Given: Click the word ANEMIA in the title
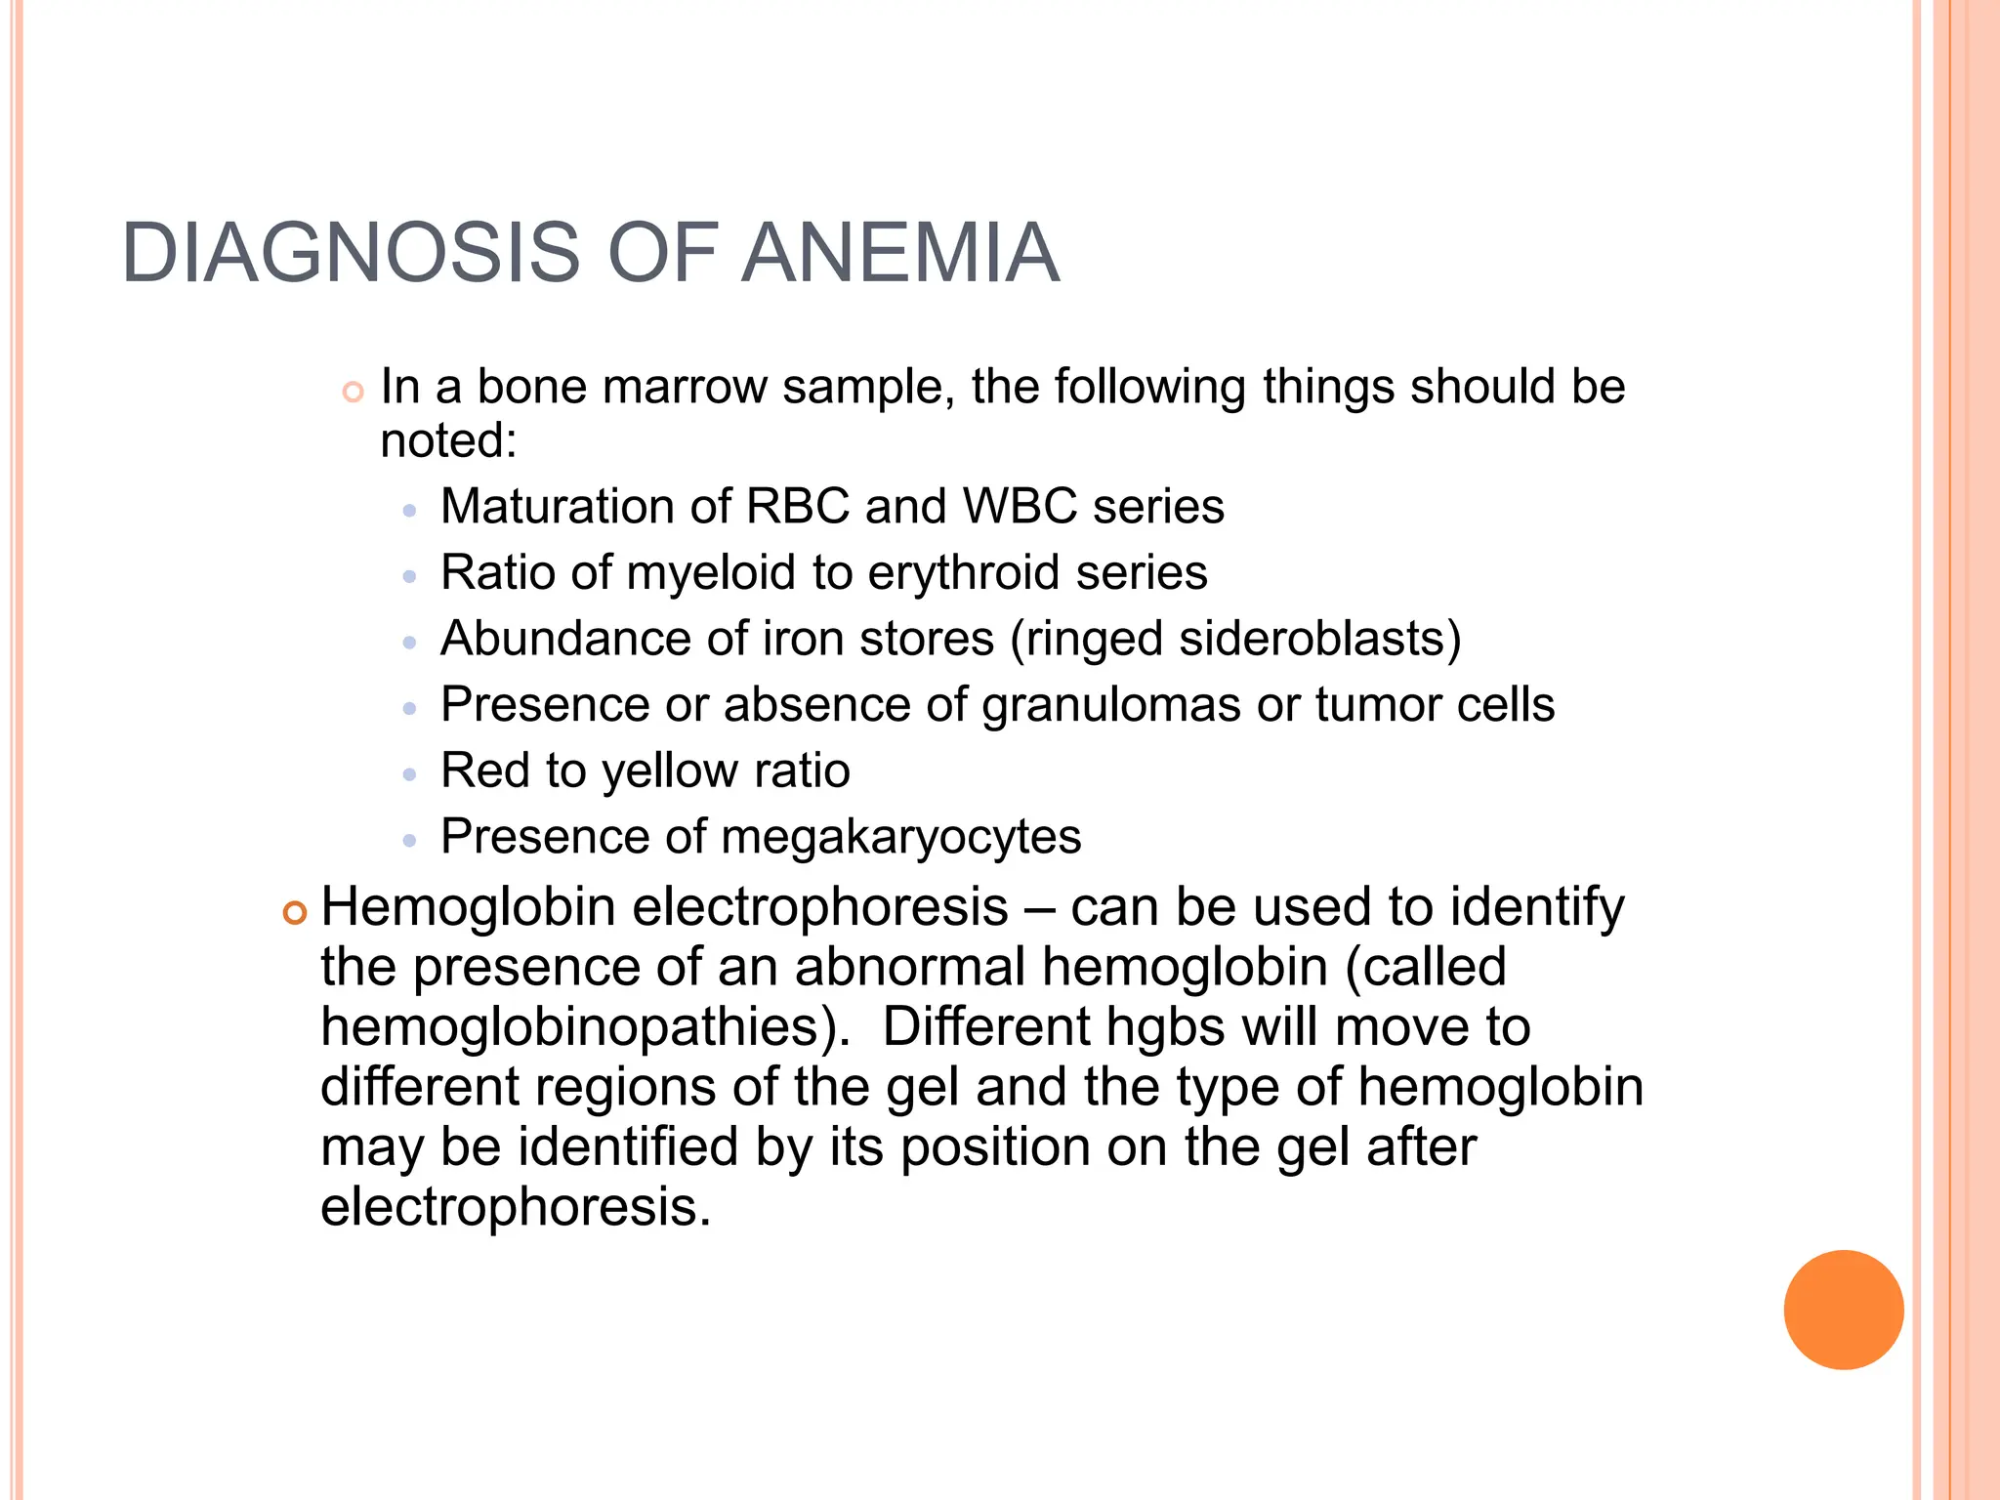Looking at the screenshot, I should coord(899,254).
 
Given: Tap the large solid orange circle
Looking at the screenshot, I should coord(1843,1310).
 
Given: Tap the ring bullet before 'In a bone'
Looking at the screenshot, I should coord(353,393).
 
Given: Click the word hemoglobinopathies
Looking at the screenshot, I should coord(584,1027).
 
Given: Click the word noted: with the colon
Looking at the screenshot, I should coord(448,441).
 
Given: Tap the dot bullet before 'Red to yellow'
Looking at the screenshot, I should coord(410,774).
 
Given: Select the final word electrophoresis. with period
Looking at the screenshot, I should coord(516,1208).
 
